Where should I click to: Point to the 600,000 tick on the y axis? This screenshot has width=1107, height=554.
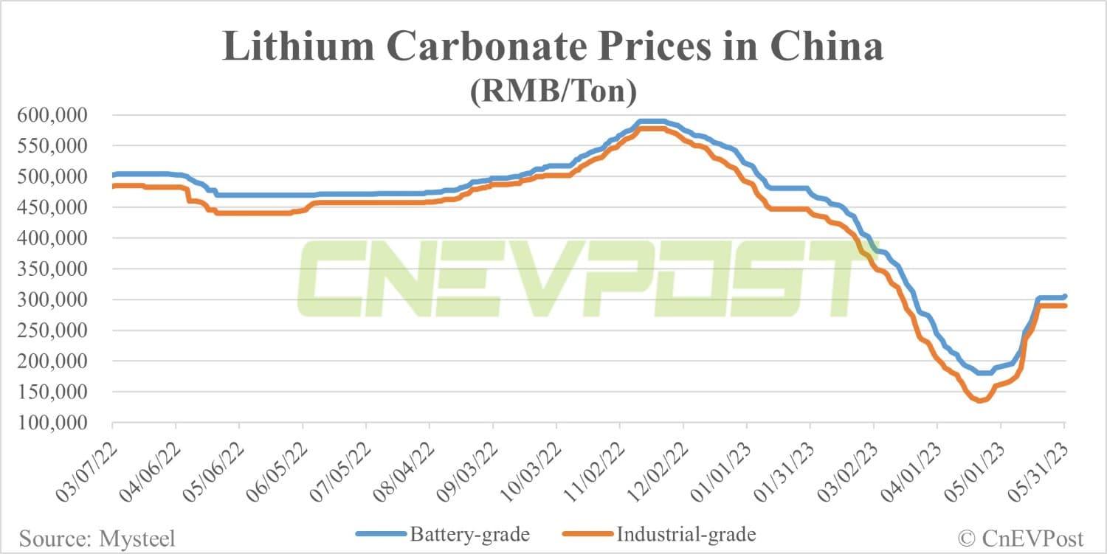tap(57, 115)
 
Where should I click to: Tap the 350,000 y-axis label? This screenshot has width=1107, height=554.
tap(57, 269)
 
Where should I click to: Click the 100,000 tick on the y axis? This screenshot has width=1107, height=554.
tap(57, 423)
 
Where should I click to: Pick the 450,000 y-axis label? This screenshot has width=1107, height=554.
tap(57, 207)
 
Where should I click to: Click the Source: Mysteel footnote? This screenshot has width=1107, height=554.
tap(97, 539)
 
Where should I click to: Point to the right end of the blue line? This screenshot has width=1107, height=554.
tap(1064, 297)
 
